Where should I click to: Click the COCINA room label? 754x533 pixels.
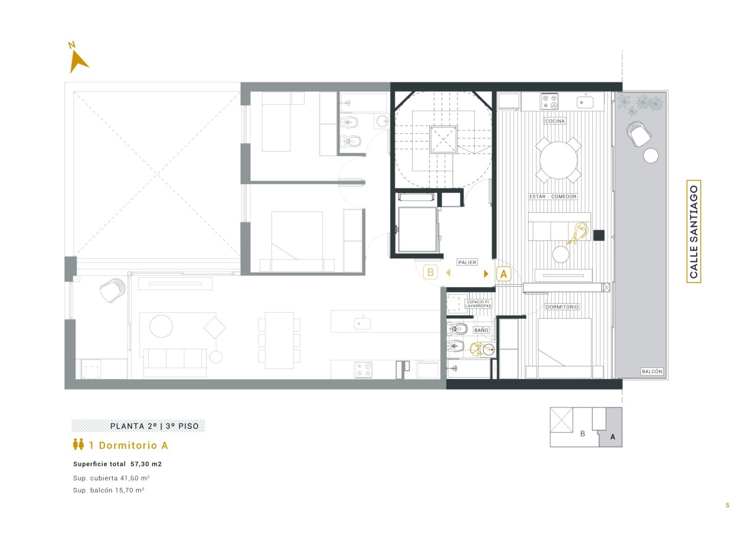pos(555,121)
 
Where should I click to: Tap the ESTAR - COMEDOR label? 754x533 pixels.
pos(552,197)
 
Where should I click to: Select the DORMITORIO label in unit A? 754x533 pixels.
pos(562,307)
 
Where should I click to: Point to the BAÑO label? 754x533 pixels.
pos(481,330)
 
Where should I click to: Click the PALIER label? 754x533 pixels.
pos(467,262)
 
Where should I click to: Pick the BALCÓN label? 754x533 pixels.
pos(652,371)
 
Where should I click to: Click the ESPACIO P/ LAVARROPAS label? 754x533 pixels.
pos(478,304)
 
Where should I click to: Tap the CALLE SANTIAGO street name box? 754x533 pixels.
pos(694,232)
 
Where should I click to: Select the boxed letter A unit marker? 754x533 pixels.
pos(504,274)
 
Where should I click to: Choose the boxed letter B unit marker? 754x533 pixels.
pos(430,272)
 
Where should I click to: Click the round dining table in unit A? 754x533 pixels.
pos(558,160)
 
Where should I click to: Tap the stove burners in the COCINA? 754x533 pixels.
pos(549,101)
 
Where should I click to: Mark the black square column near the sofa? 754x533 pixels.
pos(599,235)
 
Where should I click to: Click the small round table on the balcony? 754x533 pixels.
pos(651,156)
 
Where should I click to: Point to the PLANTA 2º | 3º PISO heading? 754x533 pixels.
pos(155,426)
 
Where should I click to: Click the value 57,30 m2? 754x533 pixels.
pos(146,464)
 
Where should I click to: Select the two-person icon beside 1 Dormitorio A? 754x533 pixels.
pos(78,444)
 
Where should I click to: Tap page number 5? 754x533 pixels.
pos(727,505)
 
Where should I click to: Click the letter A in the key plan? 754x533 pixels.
pos(613,437)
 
